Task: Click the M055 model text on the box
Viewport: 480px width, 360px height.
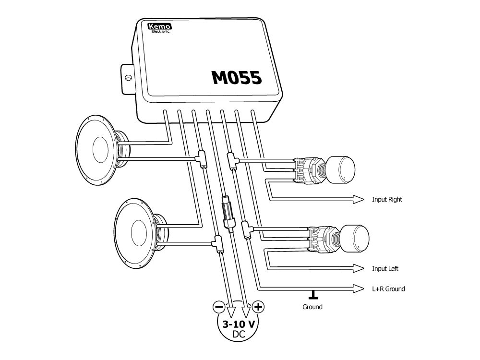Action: pos(237,77)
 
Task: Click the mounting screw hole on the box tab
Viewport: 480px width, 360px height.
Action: pos(128,77)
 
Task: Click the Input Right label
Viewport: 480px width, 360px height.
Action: pos(387,200)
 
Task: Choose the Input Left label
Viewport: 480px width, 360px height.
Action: pos(385,269)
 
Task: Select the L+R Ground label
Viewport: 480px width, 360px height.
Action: pos(388,289)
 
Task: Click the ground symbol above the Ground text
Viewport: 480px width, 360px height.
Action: pos(314,294)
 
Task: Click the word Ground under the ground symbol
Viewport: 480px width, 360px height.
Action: pos(312,307)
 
